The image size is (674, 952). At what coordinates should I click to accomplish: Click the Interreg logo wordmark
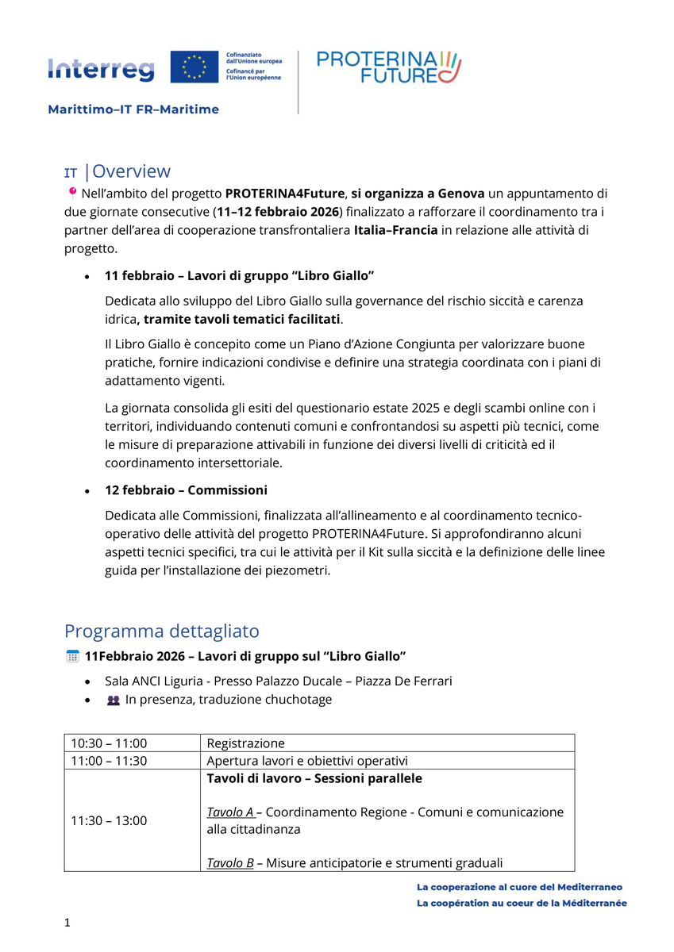click(x=101, y=70)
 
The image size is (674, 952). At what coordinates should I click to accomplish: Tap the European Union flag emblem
click(x=194, y=67)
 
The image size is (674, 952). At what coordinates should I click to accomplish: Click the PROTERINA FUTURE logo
click(x=388, y=67)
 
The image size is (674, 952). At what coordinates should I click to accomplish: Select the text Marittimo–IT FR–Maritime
click(x=133, y=109)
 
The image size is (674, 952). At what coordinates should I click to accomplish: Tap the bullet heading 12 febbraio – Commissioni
click(x=186, y=489)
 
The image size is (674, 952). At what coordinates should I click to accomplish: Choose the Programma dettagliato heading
click(x=162, y=631)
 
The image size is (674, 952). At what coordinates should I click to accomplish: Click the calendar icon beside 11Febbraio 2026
click(x=72, y=656)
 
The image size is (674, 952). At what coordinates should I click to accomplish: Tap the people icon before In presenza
click(x=114, y=701)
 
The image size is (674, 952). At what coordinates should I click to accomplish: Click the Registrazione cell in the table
click(x=245, y=743)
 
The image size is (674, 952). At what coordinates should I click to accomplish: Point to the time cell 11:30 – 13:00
click(x=109, y=820)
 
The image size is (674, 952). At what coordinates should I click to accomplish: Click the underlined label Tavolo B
click(x=230, y=863)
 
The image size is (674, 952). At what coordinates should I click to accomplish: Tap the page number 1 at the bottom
click(x=67, y=923)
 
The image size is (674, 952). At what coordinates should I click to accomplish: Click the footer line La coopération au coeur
click(x=521, y=903)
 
